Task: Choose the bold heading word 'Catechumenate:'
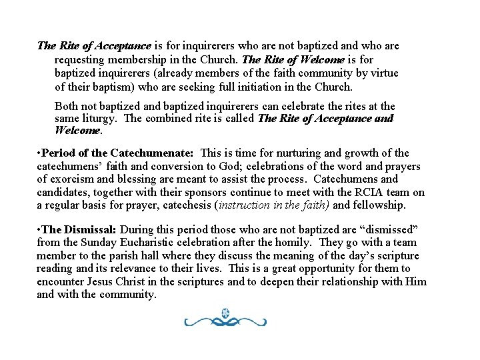152,153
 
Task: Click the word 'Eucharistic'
137,242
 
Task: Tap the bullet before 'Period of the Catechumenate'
39,154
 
